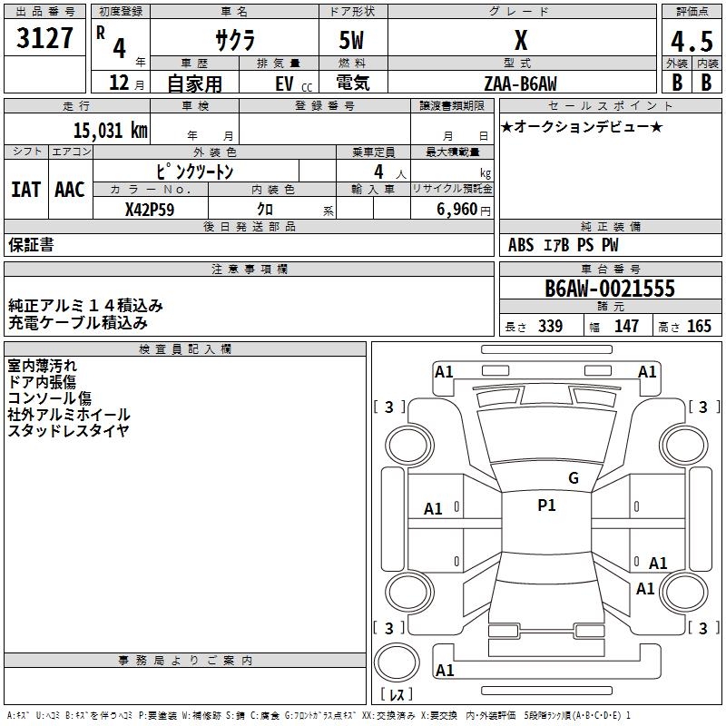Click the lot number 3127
point(44,38)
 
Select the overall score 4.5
point(692,42)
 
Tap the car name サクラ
point(235,40)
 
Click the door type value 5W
point(351,40)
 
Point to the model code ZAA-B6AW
point(520,83)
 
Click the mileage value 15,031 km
point(110,131)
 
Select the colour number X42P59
point(150,210)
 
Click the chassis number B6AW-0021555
point(610,289)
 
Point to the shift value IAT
point(26,190)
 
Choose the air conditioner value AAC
point(70,190)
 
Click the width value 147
point(626,326)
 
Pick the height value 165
point(699,326)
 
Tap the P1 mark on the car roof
point(546,505)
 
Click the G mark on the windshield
point(574,478)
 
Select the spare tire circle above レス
point(397,662)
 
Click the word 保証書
point(31,245)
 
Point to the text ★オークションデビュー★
point(582,127)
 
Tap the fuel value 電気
point(353,83)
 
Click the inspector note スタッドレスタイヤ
point(69,431)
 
